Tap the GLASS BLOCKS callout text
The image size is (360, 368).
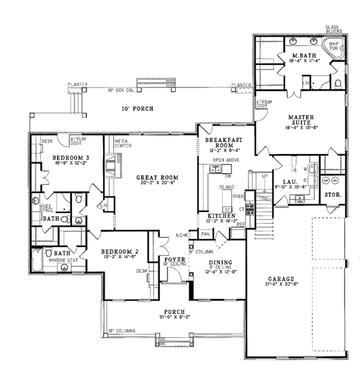click(332, 29)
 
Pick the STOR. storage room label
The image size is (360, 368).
click(332, 195)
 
